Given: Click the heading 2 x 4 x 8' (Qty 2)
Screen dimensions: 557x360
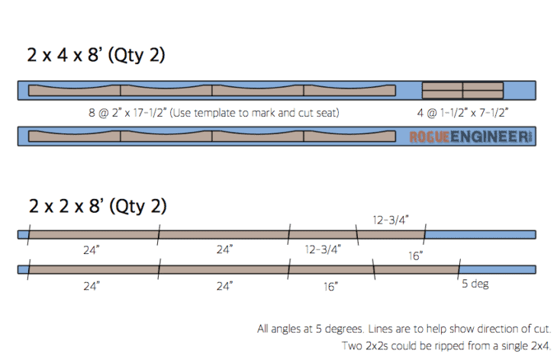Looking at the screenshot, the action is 96,56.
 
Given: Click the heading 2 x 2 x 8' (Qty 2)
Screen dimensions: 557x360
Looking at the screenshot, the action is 98,206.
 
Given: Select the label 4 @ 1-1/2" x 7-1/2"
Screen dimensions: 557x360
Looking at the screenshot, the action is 462,113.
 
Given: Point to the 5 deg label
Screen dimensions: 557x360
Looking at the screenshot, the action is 475,284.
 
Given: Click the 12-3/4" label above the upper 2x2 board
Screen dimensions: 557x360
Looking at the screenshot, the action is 391,220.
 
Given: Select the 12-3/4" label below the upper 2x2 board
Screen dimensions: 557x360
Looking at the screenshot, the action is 323,249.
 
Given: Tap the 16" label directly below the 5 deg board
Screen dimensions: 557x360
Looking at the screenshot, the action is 330,287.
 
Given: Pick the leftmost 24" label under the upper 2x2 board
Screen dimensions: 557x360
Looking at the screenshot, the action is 92,250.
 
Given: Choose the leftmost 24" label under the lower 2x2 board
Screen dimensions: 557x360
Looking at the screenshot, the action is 92,286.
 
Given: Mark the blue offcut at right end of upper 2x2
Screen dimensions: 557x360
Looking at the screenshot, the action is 480,235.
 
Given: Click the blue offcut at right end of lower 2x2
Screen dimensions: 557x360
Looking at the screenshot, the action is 497,269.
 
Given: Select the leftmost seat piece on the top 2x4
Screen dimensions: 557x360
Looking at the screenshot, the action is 74,91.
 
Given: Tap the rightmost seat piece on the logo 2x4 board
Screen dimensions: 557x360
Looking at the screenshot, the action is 349,137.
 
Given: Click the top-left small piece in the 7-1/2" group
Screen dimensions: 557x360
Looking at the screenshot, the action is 443,86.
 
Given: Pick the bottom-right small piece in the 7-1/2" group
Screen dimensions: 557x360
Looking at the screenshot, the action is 483,94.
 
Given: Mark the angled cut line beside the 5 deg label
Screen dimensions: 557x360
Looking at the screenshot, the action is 459,269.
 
